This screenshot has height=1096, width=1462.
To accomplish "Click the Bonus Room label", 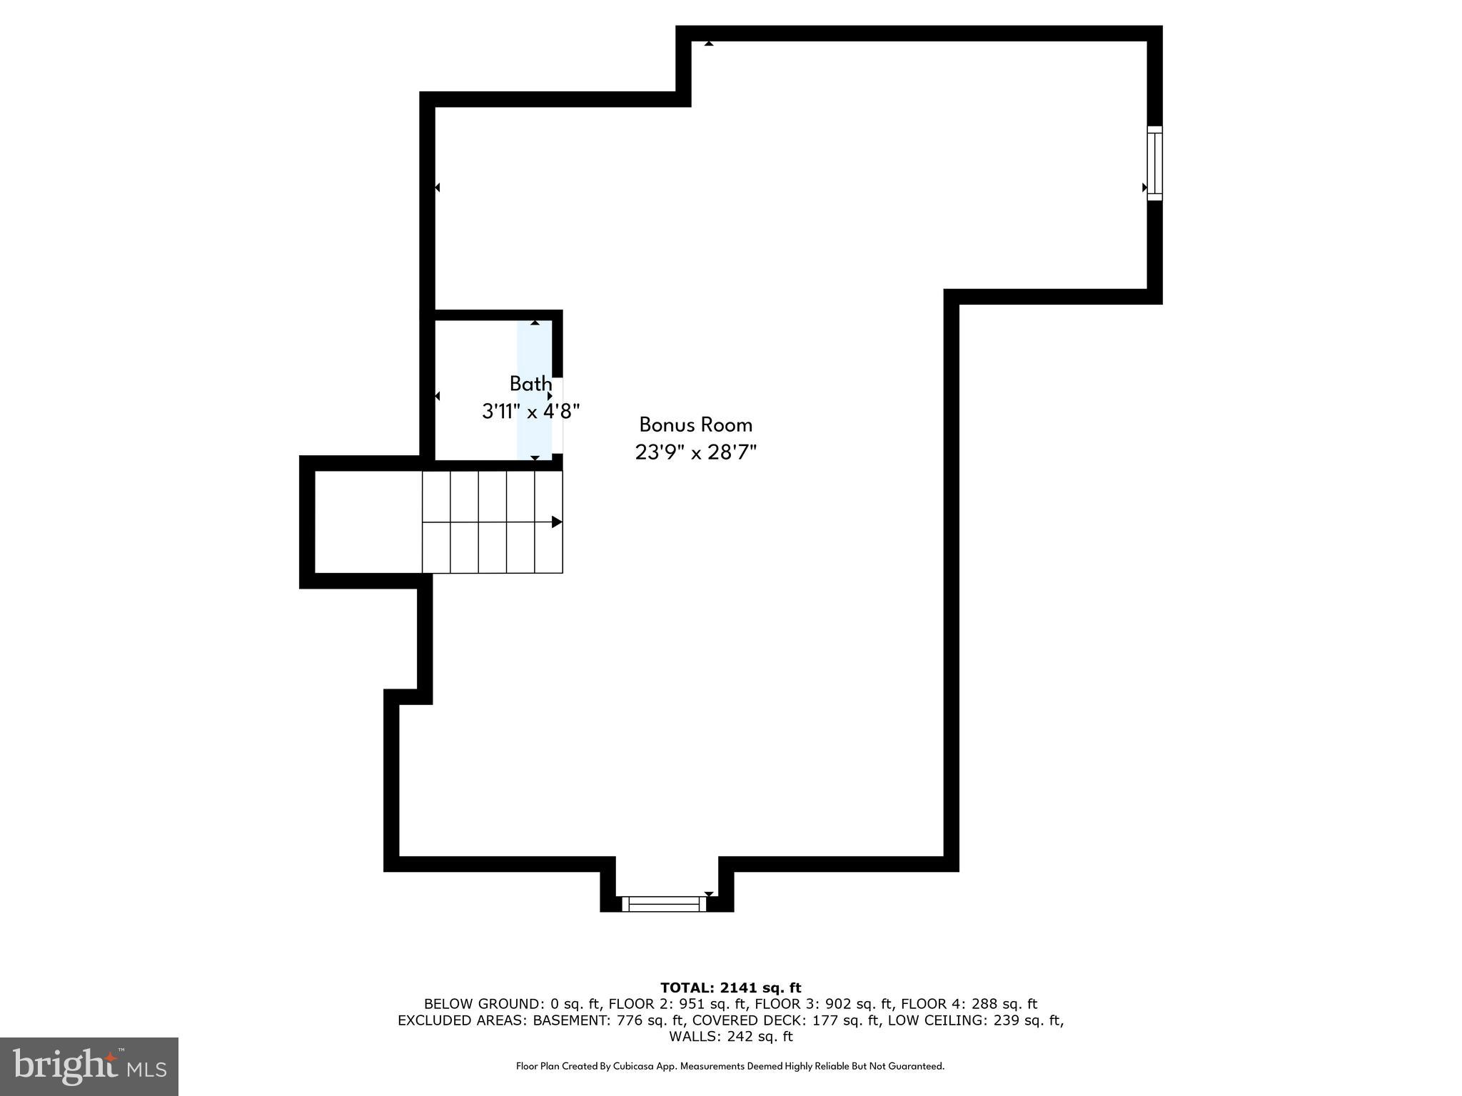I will click(695, 425).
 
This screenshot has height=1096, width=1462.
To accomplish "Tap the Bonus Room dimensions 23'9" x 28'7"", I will click(695, 452).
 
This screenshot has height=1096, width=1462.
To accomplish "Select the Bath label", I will click(530, 384).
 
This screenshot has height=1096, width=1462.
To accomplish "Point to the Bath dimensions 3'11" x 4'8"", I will click(530, 412).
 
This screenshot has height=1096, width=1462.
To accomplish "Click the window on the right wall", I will click(1154, 163).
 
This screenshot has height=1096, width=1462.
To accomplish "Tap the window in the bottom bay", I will click(664, 904).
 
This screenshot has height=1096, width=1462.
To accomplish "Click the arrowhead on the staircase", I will click(557, 522).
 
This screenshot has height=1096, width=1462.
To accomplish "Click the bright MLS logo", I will click(89, 1066).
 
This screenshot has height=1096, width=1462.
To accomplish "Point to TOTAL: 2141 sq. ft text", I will click(730, 988).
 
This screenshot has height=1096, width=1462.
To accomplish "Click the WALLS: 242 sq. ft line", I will click(730, 1037).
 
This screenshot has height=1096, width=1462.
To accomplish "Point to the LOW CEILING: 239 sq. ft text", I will click(974, 1020).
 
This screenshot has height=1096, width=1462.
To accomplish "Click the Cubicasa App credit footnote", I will click(730, 1066).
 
